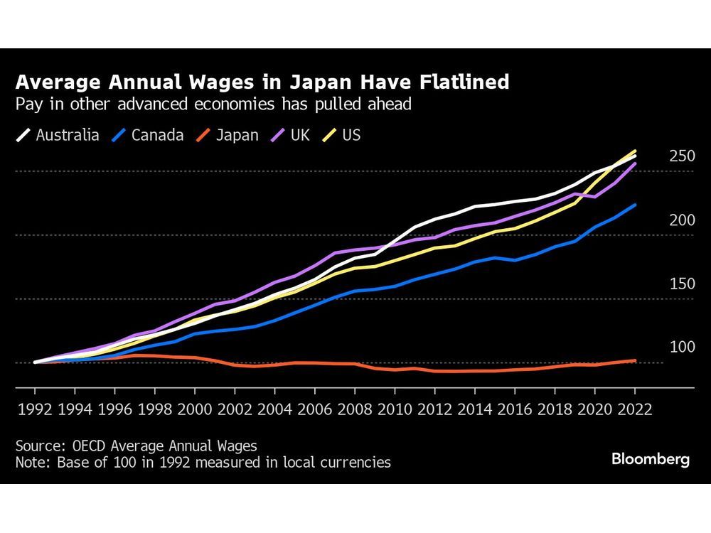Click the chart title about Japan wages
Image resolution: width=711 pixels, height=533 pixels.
(262, 82)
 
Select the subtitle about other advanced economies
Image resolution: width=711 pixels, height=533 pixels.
(213, 104)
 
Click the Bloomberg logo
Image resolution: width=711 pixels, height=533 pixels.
(650, 460)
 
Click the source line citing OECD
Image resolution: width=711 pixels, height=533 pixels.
(136, 446)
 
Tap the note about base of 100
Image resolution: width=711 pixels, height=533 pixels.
(203, 462)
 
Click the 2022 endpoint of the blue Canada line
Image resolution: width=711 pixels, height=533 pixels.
(635, 205)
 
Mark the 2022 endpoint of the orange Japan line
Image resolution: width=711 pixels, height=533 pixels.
(635, 360)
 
